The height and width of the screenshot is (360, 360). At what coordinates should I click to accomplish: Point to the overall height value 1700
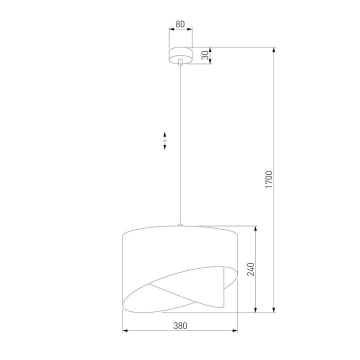tap(268, 179)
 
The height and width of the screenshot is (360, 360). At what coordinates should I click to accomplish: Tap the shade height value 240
tap(251, 269)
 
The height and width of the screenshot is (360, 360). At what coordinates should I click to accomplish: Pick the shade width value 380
tap(180, 325)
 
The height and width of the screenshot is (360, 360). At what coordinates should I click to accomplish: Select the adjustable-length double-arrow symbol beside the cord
tap(164, 141)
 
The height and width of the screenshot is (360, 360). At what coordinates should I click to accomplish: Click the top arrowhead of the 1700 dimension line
tap(274, 50)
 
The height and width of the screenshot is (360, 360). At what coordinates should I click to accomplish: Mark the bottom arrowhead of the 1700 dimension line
tap(274, 310)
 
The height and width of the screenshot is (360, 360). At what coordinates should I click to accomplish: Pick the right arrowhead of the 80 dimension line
tap(189, 29)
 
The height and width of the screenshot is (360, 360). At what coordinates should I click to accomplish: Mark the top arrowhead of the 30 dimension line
tap(210, 49)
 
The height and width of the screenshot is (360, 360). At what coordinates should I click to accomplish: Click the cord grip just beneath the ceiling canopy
tap(180, 62)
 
